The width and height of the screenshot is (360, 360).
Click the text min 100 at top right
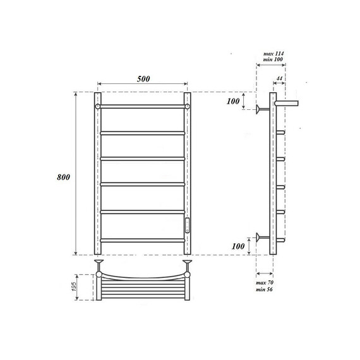[270, 62]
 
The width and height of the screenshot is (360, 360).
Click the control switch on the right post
[187, 225]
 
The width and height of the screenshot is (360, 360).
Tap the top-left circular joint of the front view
[98, 107]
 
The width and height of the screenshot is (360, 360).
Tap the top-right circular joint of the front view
[188, 107]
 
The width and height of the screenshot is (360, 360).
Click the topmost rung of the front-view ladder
[143, 107]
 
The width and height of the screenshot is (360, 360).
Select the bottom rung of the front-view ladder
[143, 239]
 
